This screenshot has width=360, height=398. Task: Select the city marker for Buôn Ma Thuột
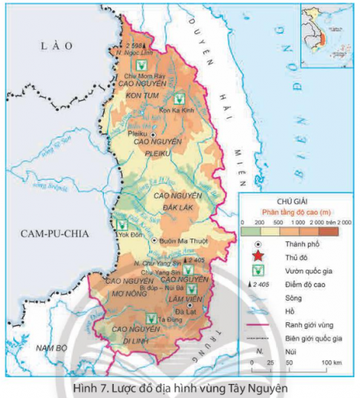coord(154,241)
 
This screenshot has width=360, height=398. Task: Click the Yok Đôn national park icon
coord(124,223)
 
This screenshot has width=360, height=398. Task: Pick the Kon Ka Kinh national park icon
coord(178,98)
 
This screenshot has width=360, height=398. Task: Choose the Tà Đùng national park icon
coord(151,318)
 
